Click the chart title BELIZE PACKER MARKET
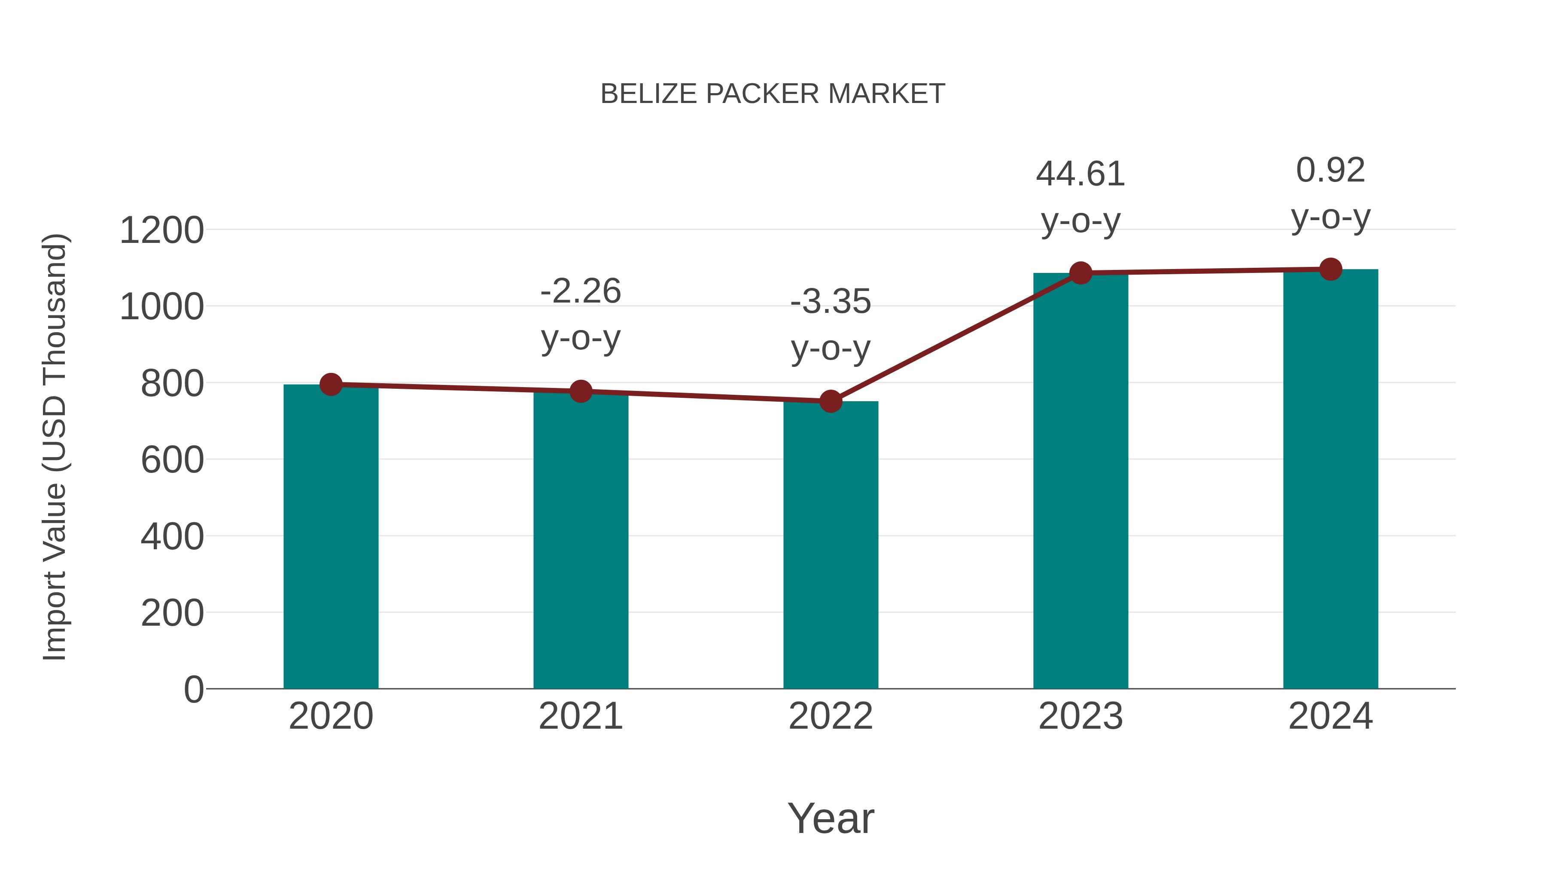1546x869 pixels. (x=773, y=94)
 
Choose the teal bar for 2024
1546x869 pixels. (x=1330, y=479)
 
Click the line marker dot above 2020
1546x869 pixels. (x=331, y=385)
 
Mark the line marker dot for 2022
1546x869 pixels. (x=831, y=401)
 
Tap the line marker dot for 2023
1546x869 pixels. (x=1080, y=273)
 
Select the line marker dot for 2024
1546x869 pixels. (x=1330, y=269)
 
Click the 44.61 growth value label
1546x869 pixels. (x=1080, y=175)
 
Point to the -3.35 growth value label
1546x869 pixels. (x=831, y=302)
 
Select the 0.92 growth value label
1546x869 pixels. (x=1330, y=170)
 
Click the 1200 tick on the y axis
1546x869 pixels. (x=161, y=230)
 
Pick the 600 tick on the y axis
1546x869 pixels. (x=172, y=460)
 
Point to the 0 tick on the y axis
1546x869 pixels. (x=193, y=690)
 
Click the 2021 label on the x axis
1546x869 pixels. (x=580, y=716)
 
